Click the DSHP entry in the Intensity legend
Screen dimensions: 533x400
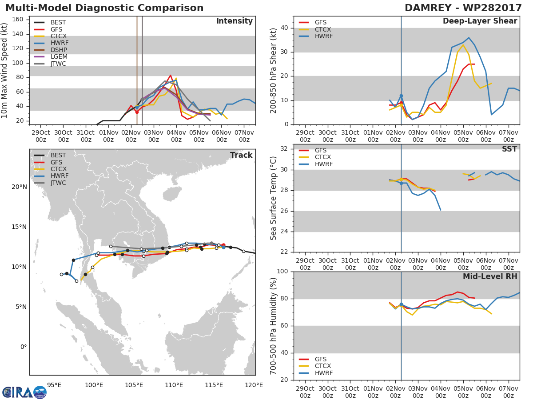click(51, 50)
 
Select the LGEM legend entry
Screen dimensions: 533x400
click(51, 56)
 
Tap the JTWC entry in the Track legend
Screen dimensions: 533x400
click(50, 183)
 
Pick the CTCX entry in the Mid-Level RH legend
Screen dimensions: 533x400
click(315, 366)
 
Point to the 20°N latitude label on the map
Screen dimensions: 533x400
click(19, 187)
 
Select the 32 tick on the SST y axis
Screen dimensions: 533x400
click(284, 148)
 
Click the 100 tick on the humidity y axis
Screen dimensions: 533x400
click(282, 271)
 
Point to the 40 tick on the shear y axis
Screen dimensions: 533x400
click(284, 28)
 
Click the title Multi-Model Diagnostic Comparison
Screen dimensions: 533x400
click(104, 8)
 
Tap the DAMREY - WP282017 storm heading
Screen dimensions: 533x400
click(463, 8)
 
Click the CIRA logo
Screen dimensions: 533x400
click(24, 392)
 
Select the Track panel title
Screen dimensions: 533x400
click(241, 155)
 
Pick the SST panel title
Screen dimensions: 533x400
click(509, 149)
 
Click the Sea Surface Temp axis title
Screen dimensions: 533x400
click(273, 198)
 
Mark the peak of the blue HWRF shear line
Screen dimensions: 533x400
click(469, 38)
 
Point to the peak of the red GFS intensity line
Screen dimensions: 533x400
click(171, 75)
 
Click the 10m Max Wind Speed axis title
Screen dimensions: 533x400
click(4, 71)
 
